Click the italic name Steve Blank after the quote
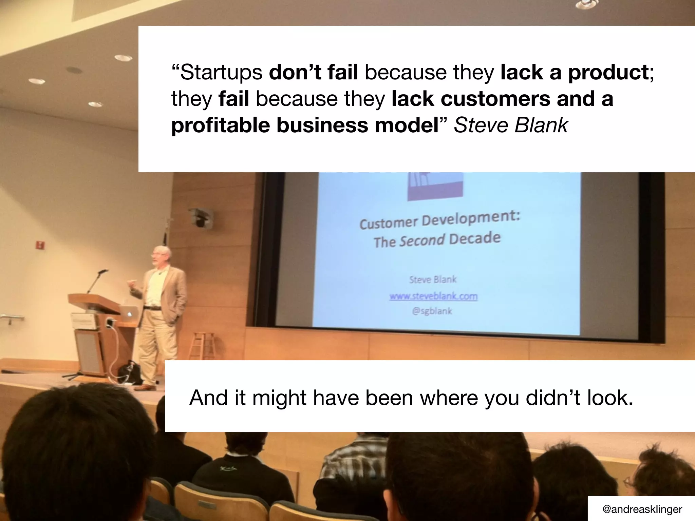click(x=510, y=126)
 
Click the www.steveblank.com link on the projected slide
click(x=433, y=296)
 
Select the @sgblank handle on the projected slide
click(x=432, y=311)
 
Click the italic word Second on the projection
click(x=422, y=240)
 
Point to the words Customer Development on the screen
click(x=439, y=219)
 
